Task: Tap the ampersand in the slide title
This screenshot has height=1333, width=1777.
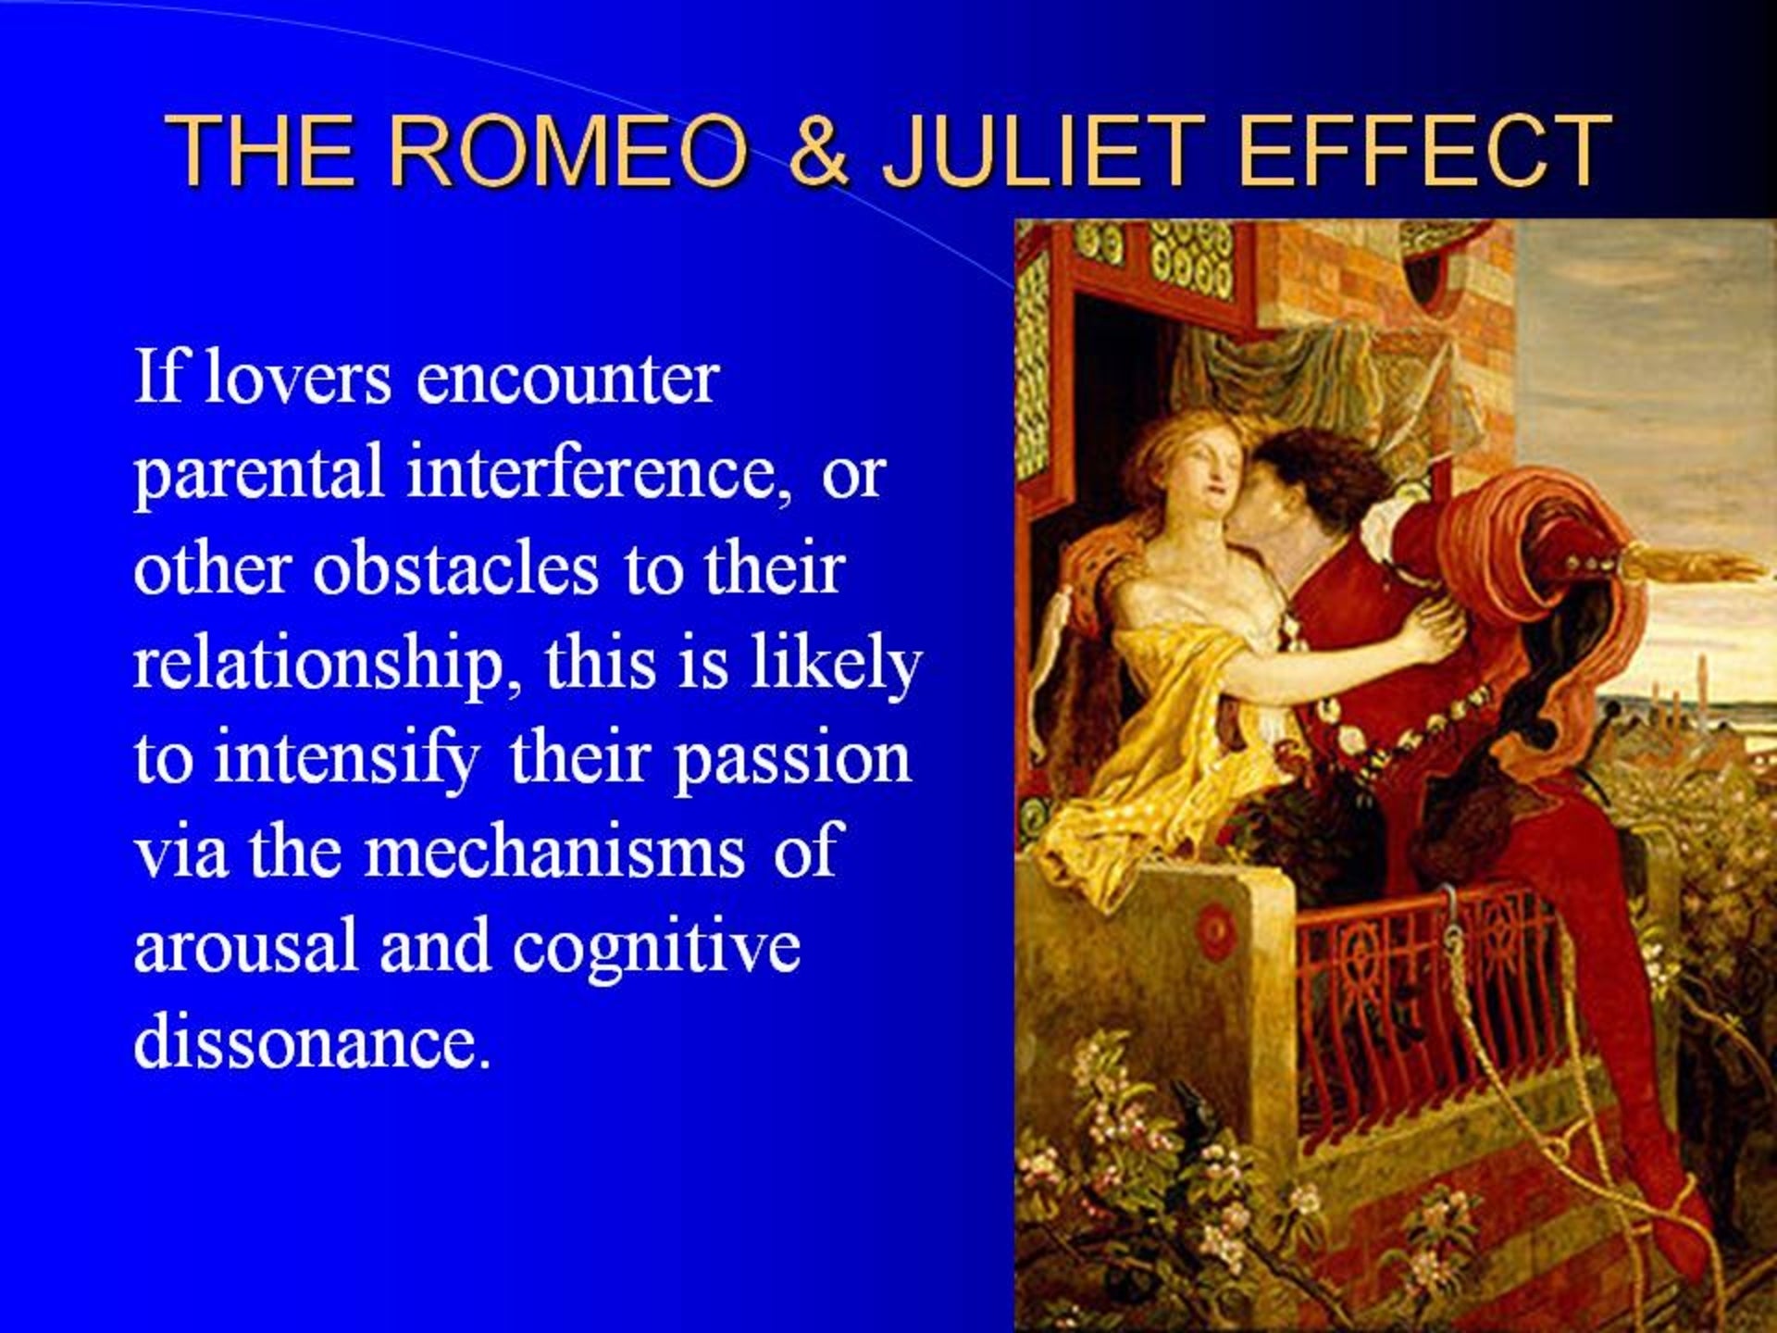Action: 818,149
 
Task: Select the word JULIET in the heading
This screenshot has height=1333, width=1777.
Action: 1042,149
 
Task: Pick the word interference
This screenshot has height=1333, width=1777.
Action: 600,471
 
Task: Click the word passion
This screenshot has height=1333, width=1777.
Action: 792,760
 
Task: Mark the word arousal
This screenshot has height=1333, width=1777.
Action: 245,947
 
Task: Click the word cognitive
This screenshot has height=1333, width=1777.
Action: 656,949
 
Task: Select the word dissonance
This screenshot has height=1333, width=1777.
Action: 312,1041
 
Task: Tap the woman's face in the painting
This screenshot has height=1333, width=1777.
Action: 1204,473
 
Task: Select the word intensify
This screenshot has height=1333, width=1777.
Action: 347,760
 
